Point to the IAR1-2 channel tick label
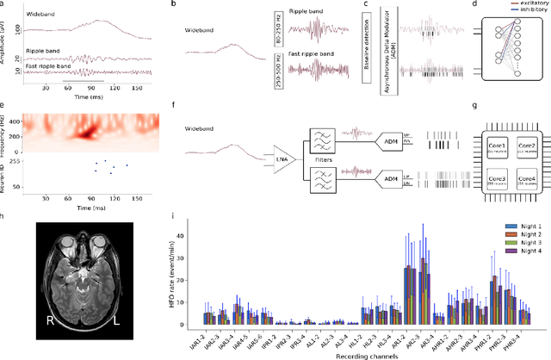coord(201,338)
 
